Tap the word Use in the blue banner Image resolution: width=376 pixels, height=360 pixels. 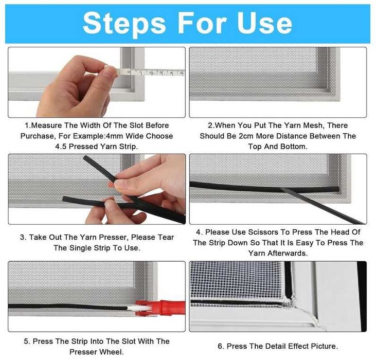[x=264, y=23]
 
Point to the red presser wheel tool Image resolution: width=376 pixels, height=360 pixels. [x=160, y=308]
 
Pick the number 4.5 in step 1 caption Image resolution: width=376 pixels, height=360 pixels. [x=61, y=147]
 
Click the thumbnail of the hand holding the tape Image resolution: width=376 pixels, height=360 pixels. [x=97, y=82]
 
